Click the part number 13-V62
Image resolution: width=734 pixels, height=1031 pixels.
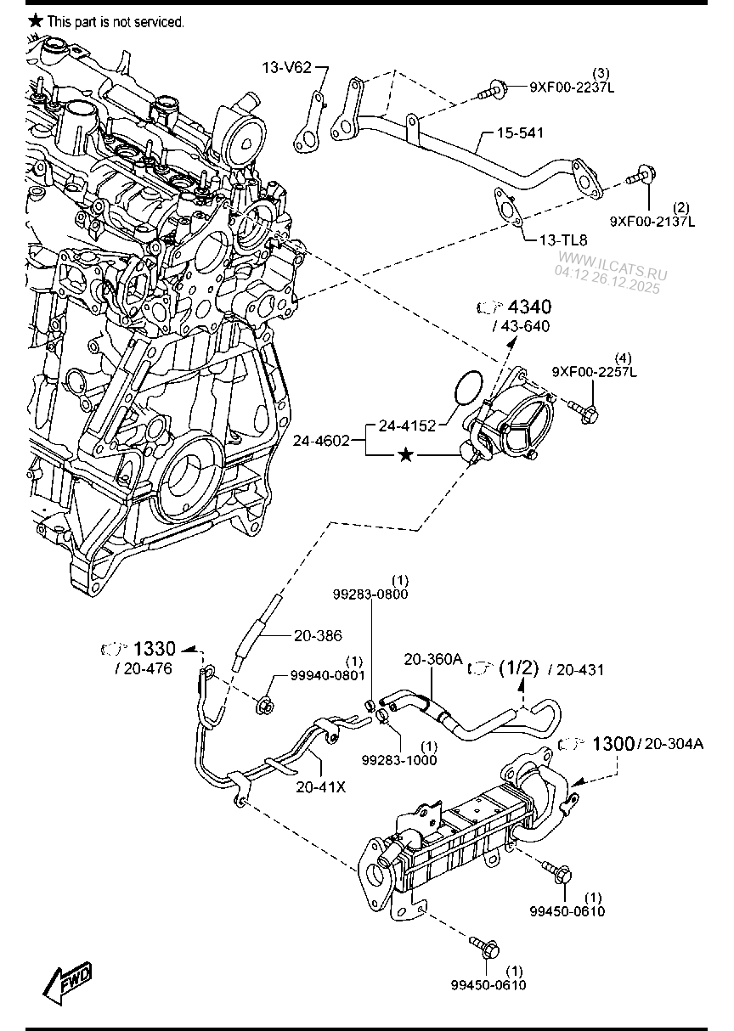coord(285,66)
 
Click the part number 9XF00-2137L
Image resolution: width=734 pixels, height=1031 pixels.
coord(652,221)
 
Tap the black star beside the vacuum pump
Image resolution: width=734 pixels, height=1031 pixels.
coord(406,456)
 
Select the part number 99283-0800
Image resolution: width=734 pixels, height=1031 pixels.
coord(370,594)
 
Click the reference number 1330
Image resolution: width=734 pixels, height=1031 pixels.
coord(155,649)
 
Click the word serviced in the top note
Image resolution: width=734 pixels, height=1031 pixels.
coord(160,21)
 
